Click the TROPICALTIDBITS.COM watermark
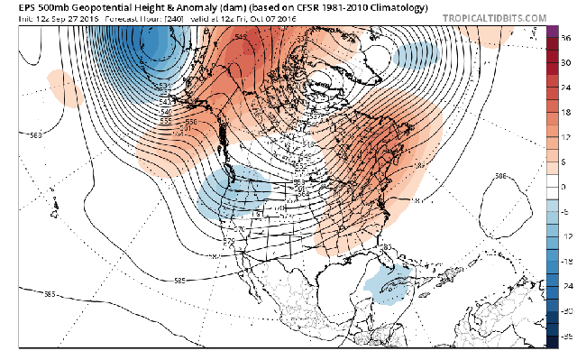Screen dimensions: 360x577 [x=495, y=17]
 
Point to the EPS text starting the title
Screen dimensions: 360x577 [x=13, y=7]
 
